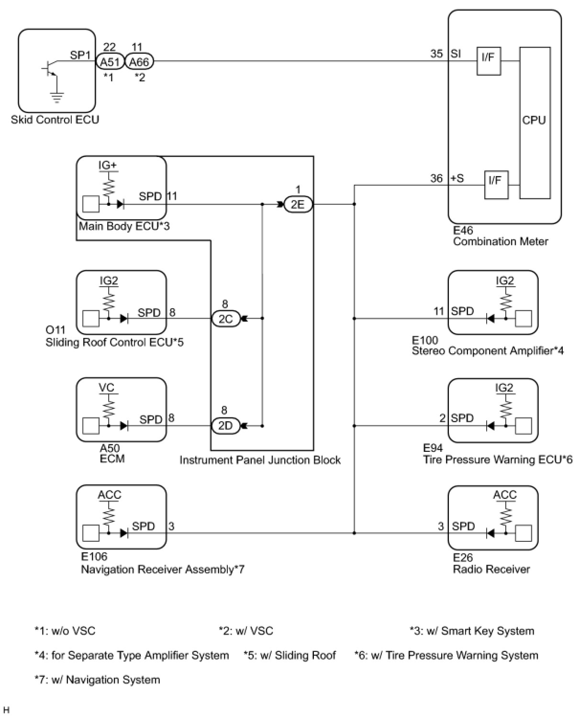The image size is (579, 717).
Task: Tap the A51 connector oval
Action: pyautogui.click(x=110, y=62)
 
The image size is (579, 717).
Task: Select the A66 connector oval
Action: pyautogui.click(x=139, y=62)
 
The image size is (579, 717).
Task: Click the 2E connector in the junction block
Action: pyautogui.click(x=298, y=204)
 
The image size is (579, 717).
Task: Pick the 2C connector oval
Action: pyautogui.click(x=225, y=318)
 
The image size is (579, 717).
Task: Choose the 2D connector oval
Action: pyautogui.click(x=225, y=426)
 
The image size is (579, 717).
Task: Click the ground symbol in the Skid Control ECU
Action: pyautogui.click(x=57, y=98)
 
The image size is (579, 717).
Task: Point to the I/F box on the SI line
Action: pyautogui.click(x=488, y=61)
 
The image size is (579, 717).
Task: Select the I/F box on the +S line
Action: pyautogui.click(x=496, y=185)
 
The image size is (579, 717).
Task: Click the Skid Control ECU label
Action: pyautogui.click(x=55, y=120)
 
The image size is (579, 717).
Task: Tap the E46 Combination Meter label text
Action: pyautogui.click(x=500, y=236)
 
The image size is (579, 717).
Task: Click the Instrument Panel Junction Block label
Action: pyautogui.click(x=260, y=460)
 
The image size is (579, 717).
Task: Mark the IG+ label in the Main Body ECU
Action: pyautogui.click(x=108, y=165)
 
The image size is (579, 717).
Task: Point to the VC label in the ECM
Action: pyautogui.click(x=107, y=387)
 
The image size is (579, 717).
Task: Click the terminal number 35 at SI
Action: pyautogui.click(x=436, y=54)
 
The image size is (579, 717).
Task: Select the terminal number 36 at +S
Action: pyautogui.click(x=436, y=179)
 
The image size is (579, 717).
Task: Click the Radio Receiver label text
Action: pyautogui.click(x=491, y=569)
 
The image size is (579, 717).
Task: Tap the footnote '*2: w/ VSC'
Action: pyautogui.click(x=246, y=631)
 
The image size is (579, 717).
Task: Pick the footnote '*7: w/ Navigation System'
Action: pyautogui.click(x=97, y=680)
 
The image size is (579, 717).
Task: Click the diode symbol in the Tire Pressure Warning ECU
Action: pyautogui.click(x=490, y=426)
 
